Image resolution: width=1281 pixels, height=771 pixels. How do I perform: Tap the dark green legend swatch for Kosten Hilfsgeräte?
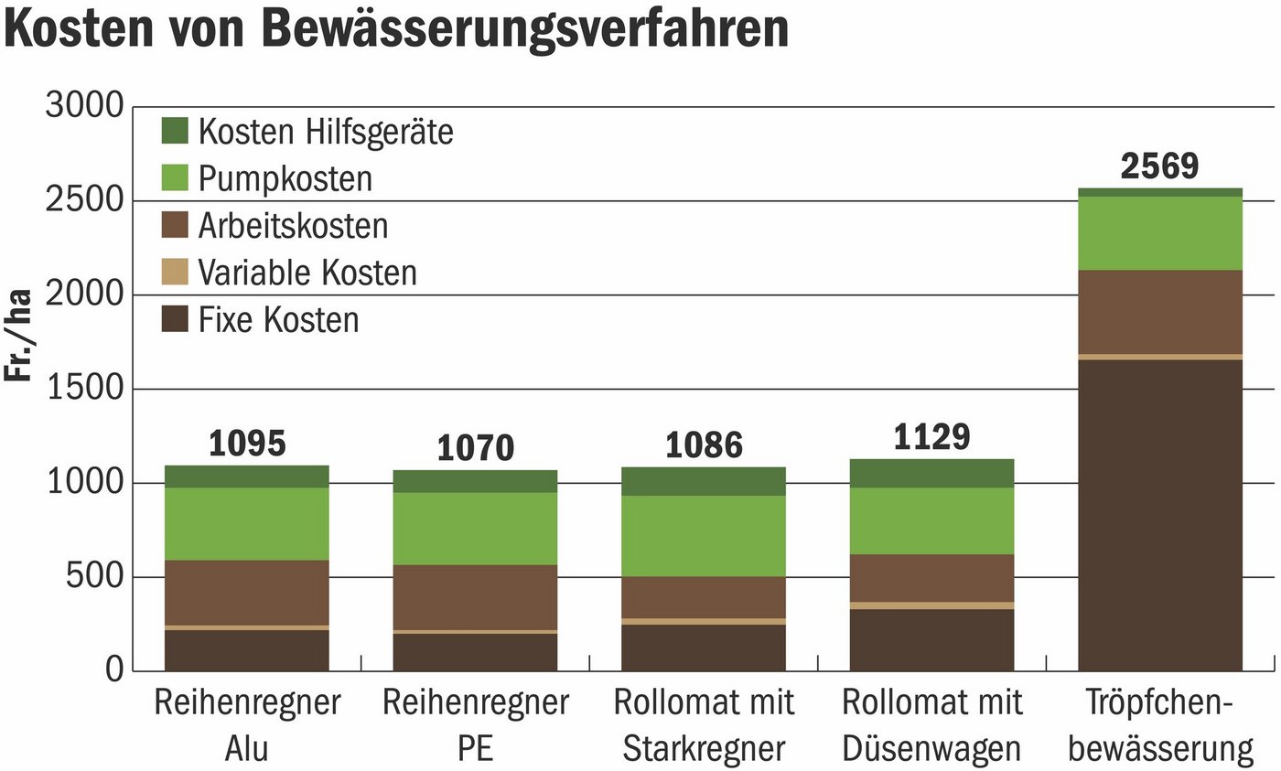pyautogui.click(x=174, y=131)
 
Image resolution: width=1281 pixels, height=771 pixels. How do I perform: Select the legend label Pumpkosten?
pyautogui.click(x=285, y=178)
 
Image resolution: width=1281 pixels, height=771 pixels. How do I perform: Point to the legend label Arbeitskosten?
pyautogui.click(x=293, y=225)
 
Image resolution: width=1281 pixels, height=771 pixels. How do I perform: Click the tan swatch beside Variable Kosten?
pyautogui.click(x=174, y=272)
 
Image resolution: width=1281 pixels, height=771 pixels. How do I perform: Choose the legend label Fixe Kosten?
pyautogui.click(x=278, y=320)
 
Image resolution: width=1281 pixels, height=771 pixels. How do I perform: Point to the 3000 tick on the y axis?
pyautogui.click(x=83, y=107)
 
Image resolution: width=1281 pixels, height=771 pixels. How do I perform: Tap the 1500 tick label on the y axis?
pyautogui.click(x=83, y=390)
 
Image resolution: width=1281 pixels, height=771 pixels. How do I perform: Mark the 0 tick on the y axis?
pyautogui.click(x=112, y=671)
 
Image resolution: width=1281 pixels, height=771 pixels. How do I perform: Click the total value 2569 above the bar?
pyautogui.click(x=1159, y=166)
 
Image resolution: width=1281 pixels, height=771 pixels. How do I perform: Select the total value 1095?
pyautogui.click(x=247, y=444)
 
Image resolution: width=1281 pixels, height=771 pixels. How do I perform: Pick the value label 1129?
pyautogui.click(x=931, y=437)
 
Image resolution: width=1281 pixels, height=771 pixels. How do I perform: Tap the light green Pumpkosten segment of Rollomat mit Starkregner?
pyautogui.click(x=703, y=536)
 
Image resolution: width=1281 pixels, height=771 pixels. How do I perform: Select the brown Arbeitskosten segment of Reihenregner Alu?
pyautogui.click(x=247, y=593)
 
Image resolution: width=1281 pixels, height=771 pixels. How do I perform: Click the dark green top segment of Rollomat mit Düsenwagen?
pyautogui.click(x=931, y=473)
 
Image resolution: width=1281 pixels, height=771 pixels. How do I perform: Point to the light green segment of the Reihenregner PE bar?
pyautogui.click(x=475, y=529)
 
